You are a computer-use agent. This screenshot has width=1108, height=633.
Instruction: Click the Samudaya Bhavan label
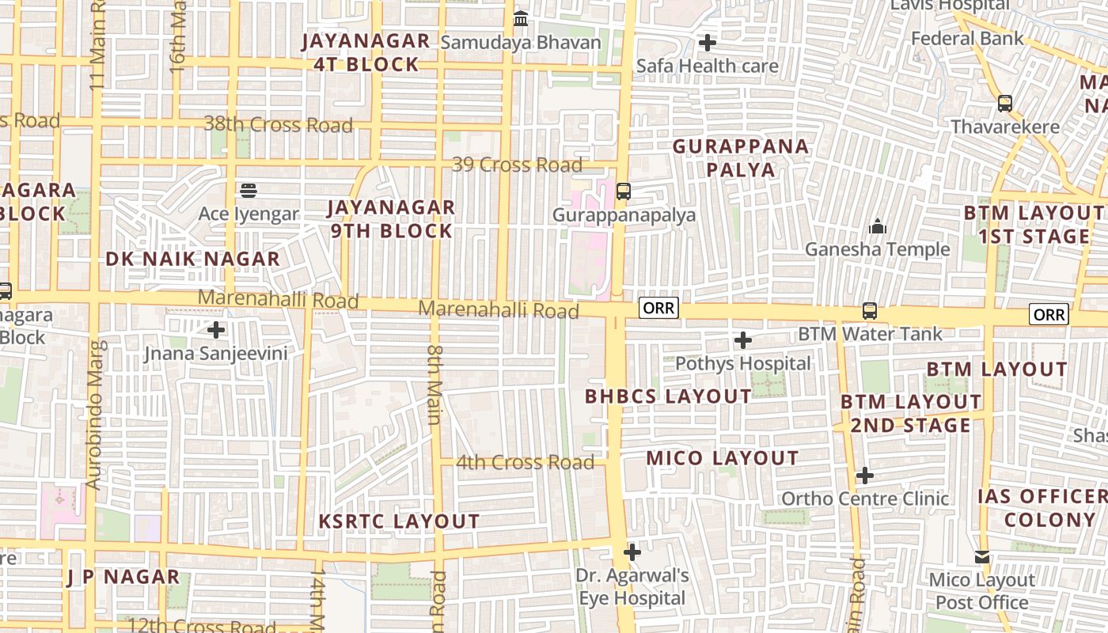pyautogui.click(x=520, y=43)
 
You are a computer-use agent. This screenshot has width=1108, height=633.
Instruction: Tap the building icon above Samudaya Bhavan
pyautogui.click(x=521, y=18)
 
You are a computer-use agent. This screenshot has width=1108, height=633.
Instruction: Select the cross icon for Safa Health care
pyautogui.click(x=708, y=42)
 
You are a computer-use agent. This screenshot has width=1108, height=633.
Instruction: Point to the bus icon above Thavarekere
pyautogui.click(x=1004, y=103)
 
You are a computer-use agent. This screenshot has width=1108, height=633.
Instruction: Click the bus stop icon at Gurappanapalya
pyautogui.click(x=624, y=191)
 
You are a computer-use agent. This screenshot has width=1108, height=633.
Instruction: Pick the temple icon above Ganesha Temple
pyautogui.click(x=877, y=227)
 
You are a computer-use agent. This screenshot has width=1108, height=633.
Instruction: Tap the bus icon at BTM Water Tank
pyautogui.click(x=870, y=311)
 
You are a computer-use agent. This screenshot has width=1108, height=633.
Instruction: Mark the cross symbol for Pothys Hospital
pyautogui.click(x=742, y=340)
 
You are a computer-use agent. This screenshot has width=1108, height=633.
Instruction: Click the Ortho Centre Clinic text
pyautogui.click(x=864, y=498)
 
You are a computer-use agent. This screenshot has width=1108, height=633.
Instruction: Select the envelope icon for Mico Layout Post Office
pyautogui.click(x=982, y=557)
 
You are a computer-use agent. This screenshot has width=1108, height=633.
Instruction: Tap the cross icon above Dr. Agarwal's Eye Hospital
pyautogui.click(x=632, y=552)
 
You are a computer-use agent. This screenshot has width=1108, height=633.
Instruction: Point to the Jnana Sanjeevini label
pyautogui.click(x=215, y=353)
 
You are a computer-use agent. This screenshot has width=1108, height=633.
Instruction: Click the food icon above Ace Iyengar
pyautogui.click(x=249, y=190)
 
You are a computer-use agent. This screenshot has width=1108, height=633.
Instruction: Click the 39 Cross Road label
pyautogui.click(x=517, y=165)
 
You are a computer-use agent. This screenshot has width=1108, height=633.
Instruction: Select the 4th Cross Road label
pyautogui.click(x=525, y=462)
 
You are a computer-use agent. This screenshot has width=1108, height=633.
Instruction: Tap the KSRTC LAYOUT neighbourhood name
pyautogui.click(x=399, y=521)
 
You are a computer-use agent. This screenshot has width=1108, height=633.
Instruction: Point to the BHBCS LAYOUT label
pyautogui.click(x=668, y=396)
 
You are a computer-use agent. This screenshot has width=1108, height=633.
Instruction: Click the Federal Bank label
pyautogui.click(x=966, y=38)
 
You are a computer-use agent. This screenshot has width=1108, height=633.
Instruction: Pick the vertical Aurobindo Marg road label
pyautogui.click(x=93, y=415)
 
